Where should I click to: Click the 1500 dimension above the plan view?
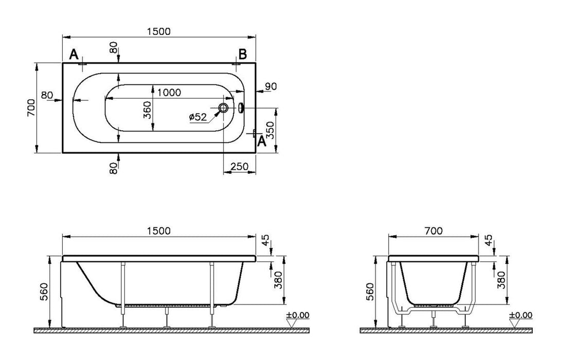158,31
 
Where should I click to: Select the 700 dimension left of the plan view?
31,108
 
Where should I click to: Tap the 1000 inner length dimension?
169,93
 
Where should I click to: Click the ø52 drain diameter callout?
197,117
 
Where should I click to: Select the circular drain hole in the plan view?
224,108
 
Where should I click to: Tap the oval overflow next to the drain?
242,108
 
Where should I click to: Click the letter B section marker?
243,54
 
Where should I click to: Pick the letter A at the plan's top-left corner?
74,54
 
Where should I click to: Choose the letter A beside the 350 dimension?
261,141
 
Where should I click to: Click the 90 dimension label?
271,86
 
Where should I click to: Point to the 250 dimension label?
240,166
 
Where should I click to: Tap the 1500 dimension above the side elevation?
158,231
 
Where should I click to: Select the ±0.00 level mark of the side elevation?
299,315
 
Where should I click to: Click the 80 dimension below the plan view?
113,167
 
